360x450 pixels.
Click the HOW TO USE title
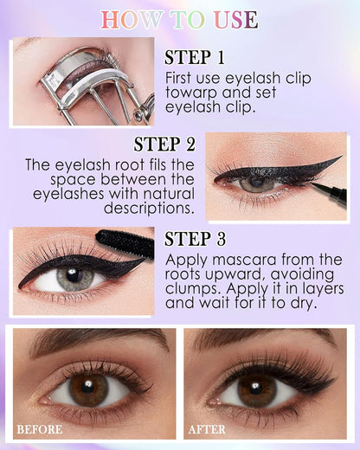[x=180, y=19]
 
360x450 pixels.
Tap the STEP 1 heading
[x=194, y=58]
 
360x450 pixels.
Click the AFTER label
[x=208, y=428]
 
